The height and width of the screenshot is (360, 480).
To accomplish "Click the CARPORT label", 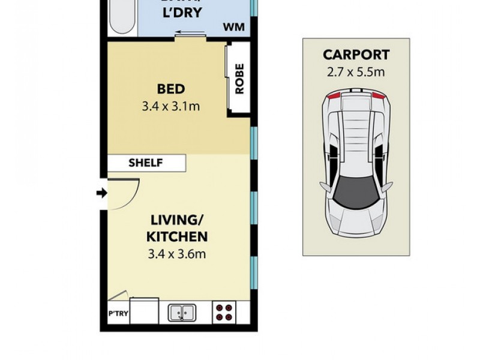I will coord(356,55).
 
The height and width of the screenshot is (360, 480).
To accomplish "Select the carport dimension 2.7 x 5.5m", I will coord(356,72).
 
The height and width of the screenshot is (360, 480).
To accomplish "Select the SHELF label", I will coord(146,163).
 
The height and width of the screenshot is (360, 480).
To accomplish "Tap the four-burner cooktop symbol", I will coord(224,312).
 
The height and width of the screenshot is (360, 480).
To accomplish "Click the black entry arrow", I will coord(102,193).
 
